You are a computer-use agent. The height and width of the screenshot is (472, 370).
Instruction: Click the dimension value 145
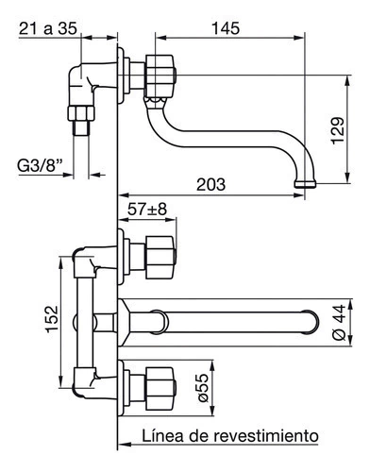[x=226, y=28]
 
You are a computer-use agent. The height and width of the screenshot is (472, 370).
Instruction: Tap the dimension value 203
[x=211, y=184]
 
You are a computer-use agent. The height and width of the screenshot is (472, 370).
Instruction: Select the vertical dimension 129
[x=338, y=131]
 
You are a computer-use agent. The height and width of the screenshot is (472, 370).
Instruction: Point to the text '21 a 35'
[x=48, y=28]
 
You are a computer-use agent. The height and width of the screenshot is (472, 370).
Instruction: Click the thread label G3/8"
[x=40, y=165]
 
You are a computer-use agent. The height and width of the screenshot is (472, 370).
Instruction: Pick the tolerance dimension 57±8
[x=147, y=210]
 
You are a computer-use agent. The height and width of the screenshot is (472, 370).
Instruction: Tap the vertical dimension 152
[x=52, y=318]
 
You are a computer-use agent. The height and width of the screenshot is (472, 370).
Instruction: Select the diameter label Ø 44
[x=339, y=322]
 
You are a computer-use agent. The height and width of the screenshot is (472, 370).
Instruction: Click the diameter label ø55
[x=203, y=388]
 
